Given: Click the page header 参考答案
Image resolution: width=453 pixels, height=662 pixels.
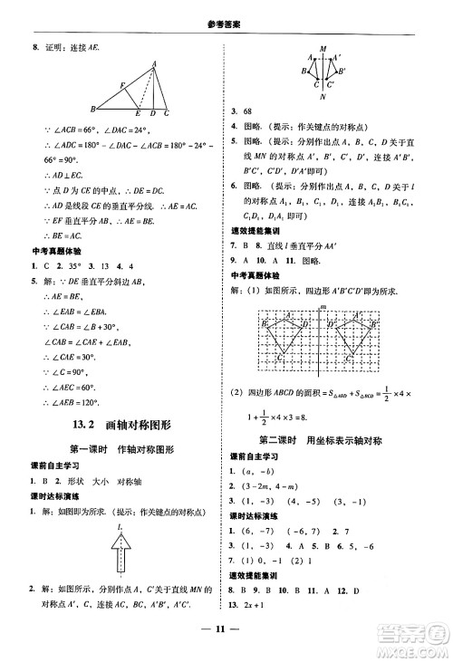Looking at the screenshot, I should tap(226, 10).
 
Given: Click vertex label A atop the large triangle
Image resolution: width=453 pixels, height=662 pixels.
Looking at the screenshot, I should tap(155, 63).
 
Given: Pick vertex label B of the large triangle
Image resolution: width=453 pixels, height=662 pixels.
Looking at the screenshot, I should tap(92, 113).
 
